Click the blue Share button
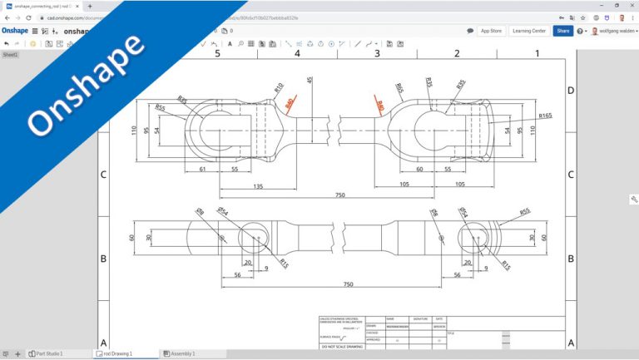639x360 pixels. [563, 31]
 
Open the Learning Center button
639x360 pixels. [528, 31]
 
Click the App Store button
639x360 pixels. [491, 31]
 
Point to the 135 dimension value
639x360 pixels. [258, 187]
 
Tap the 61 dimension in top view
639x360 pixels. [203, 169]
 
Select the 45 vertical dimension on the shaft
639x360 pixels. [310, 81]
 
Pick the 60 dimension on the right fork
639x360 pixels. [419, 169]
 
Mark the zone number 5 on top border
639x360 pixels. [217, 54]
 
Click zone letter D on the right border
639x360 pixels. [570, 90]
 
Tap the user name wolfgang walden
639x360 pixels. [612, 31]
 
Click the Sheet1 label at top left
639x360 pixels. [10, 55]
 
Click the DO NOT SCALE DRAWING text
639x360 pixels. [339, 347]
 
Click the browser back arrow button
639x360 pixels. [7, 17]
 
